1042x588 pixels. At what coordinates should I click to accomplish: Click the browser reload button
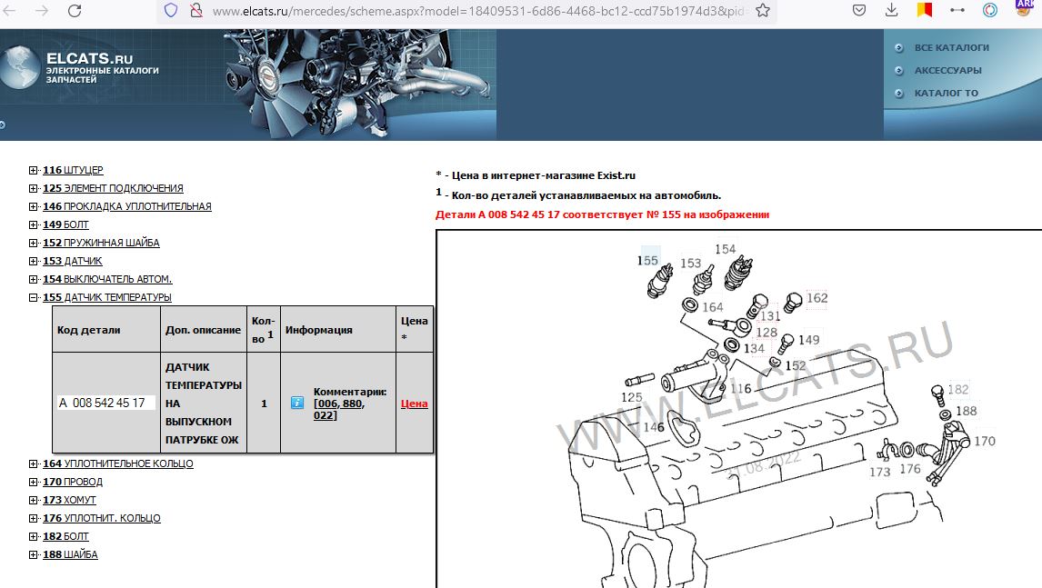75,11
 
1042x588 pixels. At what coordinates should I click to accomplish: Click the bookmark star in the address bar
763,11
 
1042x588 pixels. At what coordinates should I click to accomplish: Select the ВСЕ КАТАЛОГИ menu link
952,48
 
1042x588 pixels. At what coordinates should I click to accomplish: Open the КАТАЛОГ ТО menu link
947,93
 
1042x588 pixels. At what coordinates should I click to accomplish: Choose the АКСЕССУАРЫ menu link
947,70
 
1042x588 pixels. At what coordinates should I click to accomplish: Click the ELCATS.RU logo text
90,58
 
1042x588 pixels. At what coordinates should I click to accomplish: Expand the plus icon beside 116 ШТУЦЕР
34,170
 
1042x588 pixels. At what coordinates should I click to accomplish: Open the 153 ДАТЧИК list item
73,261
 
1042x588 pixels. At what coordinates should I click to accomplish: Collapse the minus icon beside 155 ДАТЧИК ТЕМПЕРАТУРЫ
34,298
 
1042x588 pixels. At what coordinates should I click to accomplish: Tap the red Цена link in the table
414,404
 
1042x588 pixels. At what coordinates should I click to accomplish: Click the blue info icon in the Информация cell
297,403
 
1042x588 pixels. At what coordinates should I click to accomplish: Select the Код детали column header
89,330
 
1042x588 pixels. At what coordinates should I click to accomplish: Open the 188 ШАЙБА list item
70,554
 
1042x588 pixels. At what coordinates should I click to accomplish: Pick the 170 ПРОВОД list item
73,482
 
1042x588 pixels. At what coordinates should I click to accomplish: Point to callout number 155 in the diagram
647,261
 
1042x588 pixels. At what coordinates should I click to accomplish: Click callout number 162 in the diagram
817,298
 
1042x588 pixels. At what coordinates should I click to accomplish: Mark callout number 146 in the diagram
654,426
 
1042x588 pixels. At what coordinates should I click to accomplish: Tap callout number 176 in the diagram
910,468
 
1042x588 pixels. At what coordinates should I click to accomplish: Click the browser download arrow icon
892,10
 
